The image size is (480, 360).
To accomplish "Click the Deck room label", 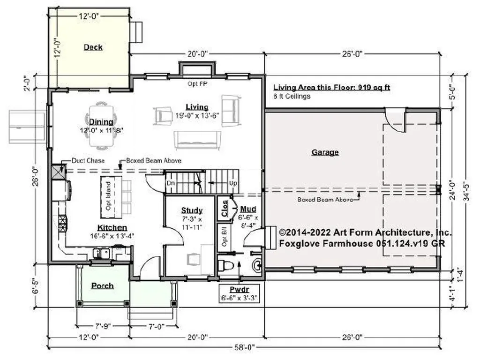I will coord(93,47).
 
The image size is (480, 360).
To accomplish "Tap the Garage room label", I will coord(325,152).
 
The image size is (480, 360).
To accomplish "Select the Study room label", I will coord(192,210).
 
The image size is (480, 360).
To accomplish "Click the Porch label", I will coord(102,285).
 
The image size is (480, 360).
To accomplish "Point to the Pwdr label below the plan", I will coord(239,289).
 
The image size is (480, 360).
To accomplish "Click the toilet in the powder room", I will coord(226,266).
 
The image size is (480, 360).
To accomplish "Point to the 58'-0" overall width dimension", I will coord(244,347).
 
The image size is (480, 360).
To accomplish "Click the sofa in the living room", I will coord(197,140).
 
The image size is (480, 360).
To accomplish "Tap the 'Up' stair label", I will coord(232,182).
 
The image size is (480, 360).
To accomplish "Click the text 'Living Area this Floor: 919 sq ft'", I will coord(332,87).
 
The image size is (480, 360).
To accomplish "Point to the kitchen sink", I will coord(102,253).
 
